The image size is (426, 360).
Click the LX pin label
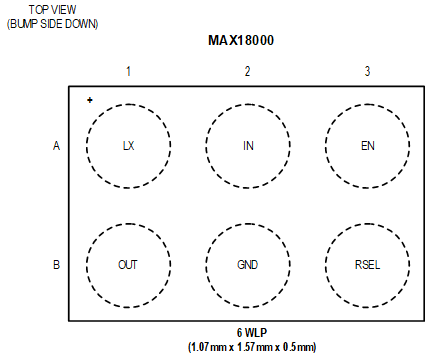pos(128,146)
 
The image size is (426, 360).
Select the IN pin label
pos(248,146)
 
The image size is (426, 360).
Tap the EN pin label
pos(367,146)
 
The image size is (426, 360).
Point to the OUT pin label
pos(128,265)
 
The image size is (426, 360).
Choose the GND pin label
pos(248,265)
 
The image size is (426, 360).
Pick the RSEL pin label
pos(367,265)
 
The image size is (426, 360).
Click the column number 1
pos(128,71)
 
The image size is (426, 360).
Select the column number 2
pos(248,71)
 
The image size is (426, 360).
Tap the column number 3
pos(367,71)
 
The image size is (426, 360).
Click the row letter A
pos(56,146)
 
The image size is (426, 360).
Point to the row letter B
pos(56,265)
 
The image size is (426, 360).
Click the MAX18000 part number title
pos(242,42)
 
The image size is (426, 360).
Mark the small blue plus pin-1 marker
pos(90,100)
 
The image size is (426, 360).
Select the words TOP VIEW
pos(52,9)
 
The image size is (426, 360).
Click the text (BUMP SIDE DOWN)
pos(52,23)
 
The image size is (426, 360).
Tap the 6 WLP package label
pos(251,333)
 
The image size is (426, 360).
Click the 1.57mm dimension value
pos(254,347)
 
